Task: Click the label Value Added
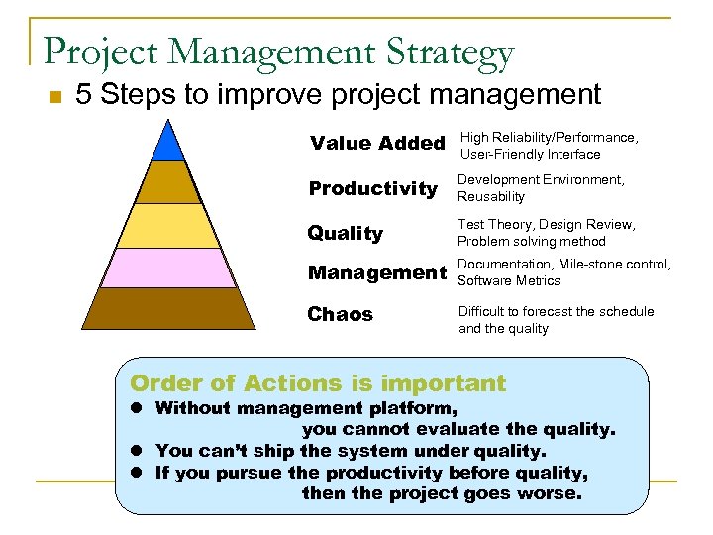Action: click(377, 143)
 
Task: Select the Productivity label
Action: click(373, 188)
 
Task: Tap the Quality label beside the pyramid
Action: click(345, 233)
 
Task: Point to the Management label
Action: click(377, 272)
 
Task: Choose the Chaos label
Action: click(340, 314)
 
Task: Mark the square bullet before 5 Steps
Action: click(55, 97)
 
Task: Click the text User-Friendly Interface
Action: click(530, 154)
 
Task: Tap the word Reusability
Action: click(491, 196)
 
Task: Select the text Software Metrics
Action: click(510, 280)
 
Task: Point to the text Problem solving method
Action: click(531, 241)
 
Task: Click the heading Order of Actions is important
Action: click(318, 383)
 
